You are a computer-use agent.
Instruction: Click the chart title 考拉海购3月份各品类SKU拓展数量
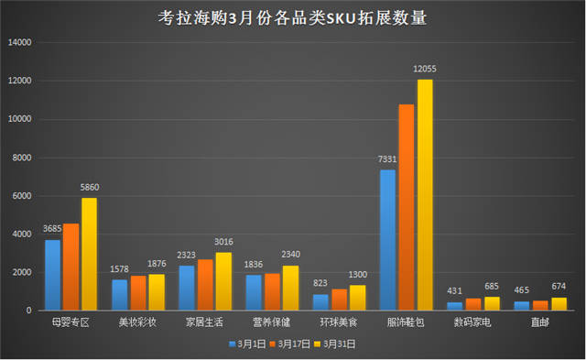tap(292, 18)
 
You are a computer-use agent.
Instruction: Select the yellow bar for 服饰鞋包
tap(425, 195)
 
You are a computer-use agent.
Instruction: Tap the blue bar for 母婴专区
tap(52, 275)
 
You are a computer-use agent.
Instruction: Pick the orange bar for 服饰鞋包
tap(407, 208)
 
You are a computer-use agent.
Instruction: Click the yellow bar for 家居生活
tap(223, 281)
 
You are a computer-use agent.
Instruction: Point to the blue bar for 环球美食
tap(320, 301)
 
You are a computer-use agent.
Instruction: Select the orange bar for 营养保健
tap(272, 291)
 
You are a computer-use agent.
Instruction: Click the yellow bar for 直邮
tap(559, 303)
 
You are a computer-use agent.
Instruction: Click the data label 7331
tap(386, 159)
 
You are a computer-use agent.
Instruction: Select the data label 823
tap(320, 284)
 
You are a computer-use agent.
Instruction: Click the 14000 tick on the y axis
tap(19, 43)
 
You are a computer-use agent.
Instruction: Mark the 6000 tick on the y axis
tap(22, 196)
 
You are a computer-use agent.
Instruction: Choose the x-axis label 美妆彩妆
tap(137, 322)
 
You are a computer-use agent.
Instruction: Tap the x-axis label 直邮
tap(540, 322)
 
